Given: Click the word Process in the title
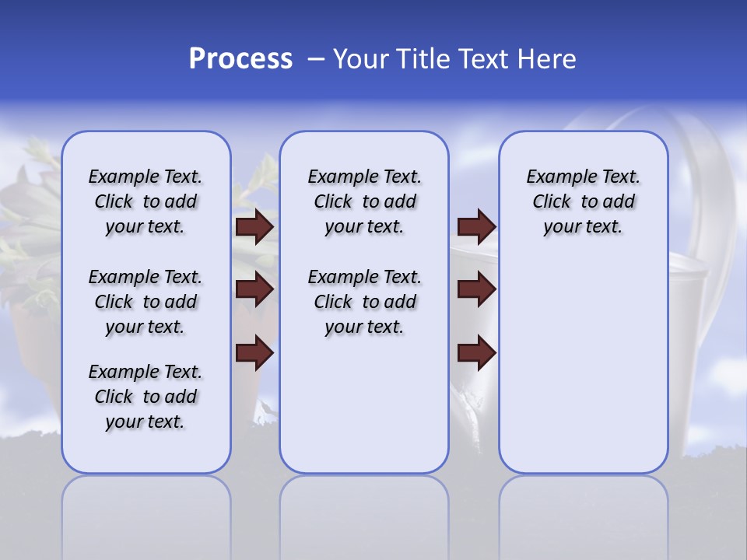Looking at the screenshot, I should pos(240,58).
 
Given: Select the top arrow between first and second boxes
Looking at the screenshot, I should pos(254,227).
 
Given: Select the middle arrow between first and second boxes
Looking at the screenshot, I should pos(254,290).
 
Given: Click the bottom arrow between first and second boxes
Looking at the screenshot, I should pos(254,352).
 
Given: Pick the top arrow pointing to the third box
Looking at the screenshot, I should pos(476,227).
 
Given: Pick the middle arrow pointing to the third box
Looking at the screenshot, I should pos(476,290).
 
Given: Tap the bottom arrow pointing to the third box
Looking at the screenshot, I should pos(476,352).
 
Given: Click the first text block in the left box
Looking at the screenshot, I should pos(146,201).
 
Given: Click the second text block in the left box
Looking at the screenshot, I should pos(146,302).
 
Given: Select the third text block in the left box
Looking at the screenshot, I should pos(146,397).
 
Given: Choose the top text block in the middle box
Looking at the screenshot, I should pos(364,201).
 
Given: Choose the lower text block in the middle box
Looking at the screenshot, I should pos(364,302).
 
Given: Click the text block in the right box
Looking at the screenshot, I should pos(583,201).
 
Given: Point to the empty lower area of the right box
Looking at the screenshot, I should pos(583,366).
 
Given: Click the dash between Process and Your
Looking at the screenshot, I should pos(316,60).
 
